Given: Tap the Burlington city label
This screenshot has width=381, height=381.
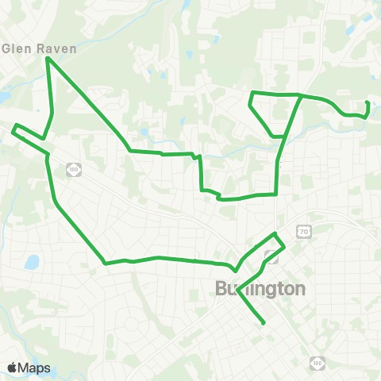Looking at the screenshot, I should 260,289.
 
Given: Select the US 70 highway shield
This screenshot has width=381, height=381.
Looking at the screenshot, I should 302,231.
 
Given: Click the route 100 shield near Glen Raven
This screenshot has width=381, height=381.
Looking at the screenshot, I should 74,169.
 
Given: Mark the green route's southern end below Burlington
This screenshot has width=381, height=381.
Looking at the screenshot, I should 264,323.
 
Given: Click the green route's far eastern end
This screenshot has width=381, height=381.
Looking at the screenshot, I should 367,104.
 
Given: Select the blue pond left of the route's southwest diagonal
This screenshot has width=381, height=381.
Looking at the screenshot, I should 32,262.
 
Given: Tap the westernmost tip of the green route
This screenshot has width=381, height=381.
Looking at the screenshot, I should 13,128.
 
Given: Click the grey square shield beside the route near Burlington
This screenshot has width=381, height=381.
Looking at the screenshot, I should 272,256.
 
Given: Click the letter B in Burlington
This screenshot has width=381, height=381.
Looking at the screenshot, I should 221,289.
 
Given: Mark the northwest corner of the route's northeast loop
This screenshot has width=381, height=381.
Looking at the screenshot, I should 252,94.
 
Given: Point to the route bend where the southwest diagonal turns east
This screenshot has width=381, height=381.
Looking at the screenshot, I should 105,264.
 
